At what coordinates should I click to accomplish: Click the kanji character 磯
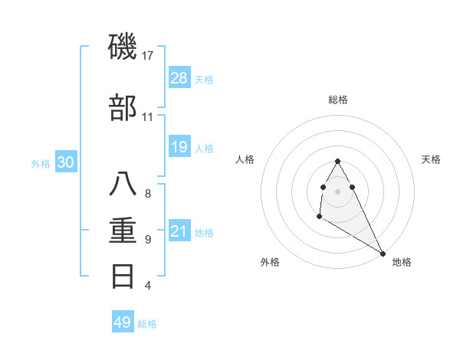click(x=123, y=47)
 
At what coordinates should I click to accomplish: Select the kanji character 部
click(x=123, y=108)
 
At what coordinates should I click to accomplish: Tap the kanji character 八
click(x=123, y=185)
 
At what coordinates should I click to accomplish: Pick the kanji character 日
click(x=123, y=276)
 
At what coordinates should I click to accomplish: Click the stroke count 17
click(x=149, y=56)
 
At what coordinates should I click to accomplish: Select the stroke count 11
click(x=148, y=117)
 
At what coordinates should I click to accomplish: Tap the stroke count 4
click(x=148, y=286)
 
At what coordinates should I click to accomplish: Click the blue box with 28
click(x=179, y=77)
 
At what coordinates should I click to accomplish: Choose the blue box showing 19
click(x=179, y=146)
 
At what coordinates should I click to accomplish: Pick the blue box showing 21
click(x=179, y=231)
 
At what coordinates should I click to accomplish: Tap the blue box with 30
click(x=66, y=162)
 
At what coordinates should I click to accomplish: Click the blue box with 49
click(x=123, y=322)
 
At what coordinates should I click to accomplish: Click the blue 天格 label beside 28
click(x=204, y=79)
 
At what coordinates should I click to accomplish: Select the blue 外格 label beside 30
click(x=41, y=163)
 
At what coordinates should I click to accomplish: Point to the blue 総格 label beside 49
click(x=147, y=324)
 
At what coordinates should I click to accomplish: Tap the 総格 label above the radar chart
click(x=338, y=100)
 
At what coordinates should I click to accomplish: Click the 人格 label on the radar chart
click(x=245, y=159)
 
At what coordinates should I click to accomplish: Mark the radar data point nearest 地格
click(x=383, y=254)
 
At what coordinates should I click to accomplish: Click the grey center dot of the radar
click(x=338, y=190)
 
